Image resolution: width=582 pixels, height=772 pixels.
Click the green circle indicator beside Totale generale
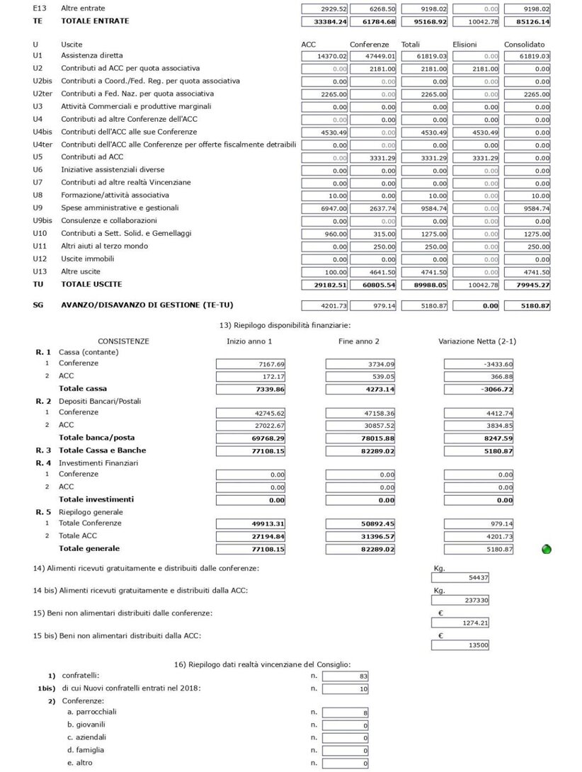pyautogui.click(x=547, y=549)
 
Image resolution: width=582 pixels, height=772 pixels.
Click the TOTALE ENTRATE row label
pyautogui.click(x=95, y=21)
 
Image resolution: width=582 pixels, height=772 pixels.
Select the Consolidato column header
pyautogui.click(x=524, y=45)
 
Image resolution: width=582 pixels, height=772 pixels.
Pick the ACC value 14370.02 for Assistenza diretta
pyautogui.click(x=324, y=56)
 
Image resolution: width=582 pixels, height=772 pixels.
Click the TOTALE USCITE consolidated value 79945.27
pyautogui.click(x=527, y=285)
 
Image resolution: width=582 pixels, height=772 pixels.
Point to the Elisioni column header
pyautogui.click(x=464, y=45)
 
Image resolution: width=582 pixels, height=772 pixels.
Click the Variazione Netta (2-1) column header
pyautogui.click(x=477, y=341)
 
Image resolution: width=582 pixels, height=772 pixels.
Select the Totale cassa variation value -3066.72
pyautogui.click(x=478, y=390)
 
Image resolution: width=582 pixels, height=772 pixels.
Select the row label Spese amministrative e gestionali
pyautogui.click(x=120, y=208)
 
